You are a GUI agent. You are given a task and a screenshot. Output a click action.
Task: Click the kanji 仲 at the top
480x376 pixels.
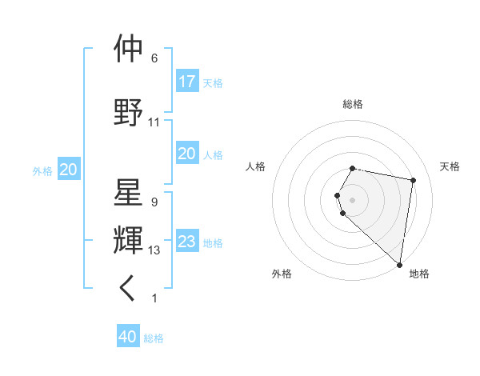(x=128, y=50)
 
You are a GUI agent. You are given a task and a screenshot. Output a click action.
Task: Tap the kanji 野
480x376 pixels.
(x=128, y=113)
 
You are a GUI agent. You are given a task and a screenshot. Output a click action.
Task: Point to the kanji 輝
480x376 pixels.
(x=128, y=241)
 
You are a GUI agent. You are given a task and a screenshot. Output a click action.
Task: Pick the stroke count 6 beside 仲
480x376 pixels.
(x=154, y=58)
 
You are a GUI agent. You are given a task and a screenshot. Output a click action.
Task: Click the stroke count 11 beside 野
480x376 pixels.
(x=154, y=122)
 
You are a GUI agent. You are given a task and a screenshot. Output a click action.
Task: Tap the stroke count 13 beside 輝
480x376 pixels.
(x=154, y=250)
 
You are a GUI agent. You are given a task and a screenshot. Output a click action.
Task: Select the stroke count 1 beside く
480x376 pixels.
(x=154, y=298)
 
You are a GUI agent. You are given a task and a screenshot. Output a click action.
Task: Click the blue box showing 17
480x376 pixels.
(x=186, y=82)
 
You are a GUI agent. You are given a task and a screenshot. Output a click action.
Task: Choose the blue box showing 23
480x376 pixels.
(x=186, y=242)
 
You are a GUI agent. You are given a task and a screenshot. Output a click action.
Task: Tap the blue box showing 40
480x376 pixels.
(x=128, y=338)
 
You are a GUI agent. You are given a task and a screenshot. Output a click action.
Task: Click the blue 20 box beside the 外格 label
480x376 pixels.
(x=69, y=170)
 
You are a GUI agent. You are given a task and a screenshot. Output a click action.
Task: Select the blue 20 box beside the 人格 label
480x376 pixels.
(x=186, y=154)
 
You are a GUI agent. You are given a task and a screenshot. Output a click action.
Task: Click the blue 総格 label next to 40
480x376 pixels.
(x=154, y=338)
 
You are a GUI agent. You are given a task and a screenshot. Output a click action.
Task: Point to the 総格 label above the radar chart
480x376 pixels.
(x=353, y=104)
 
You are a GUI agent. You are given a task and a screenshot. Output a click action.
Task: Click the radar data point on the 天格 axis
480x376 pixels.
(x=413, y=181)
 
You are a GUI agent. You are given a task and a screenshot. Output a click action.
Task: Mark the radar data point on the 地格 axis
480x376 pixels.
(x=399, y=264)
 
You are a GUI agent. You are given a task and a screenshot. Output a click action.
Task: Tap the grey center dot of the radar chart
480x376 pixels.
(x=353, y=199)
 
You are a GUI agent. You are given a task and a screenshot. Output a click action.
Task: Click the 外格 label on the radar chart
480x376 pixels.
(x=282, y=274)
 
